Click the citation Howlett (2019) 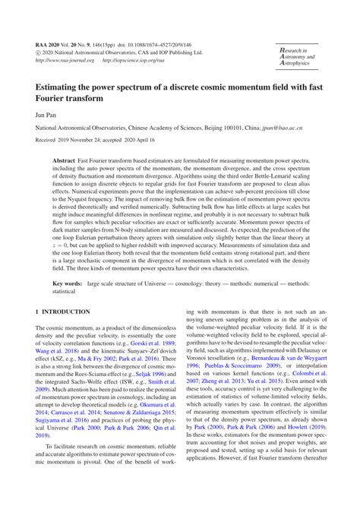coord(300,450)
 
